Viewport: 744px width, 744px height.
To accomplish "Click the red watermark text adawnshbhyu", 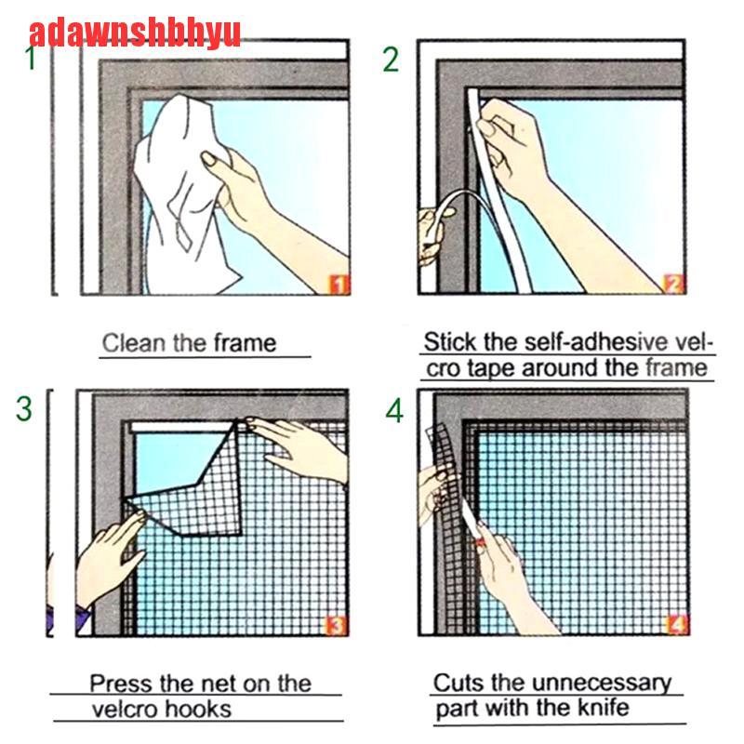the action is point(135,33).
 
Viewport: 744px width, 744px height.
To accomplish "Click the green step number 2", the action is point(391,60).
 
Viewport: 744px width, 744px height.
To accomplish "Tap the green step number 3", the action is point(24,408).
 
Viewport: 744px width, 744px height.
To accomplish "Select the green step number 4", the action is point(394,410).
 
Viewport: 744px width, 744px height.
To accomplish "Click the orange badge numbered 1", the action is point(339,286).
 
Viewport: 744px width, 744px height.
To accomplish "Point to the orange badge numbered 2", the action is point(674,285).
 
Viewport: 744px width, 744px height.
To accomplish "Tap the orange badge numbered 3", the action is point(336,625).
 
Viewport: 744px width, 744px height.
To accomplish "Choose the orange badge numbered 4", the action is point(677,624).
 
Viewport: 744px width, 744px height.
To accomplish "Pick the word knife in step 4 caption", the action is point(603,709).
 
